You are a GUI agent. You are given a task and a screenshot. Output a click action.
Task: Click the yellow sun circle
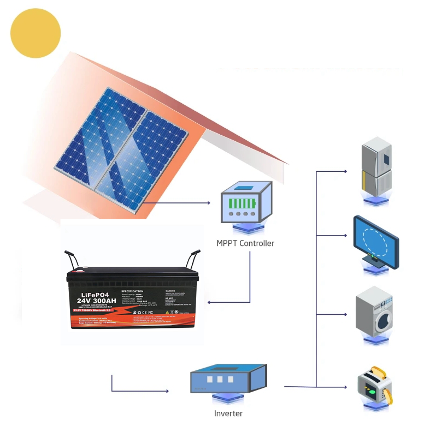point(36,33)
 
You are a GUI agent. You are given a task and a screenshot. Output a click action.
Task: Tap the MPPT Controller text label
point(245,243)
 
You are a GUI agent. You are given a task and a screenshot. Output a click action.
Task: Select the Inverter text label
point(228,413)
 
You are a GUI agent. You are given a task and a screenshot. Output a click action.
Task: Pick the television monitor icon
point(376,241)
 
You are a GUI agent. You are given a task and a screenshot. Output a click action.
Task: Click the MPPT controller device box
point(245,202)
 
